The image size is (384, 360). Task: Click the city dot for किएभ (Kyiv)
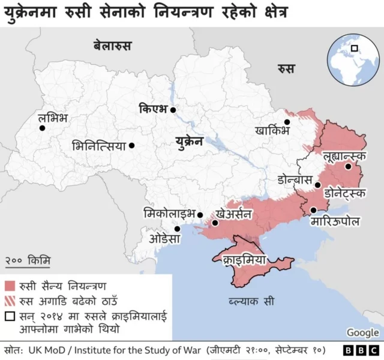(173, 110)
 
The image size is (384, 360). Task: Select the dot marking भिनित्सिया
(131, 145)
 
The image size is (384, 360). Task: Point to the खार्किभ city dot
(287, 122)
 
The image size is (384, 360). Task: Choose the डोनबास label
(295, 179)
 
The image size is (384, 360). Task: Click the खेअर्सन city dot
(215, 223)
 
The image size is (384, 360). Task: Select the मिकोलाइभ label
(170, 213)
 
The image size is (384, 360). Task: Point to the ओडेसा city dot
(177, 229)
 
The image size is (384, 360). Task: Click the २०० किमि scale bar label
(28, 260)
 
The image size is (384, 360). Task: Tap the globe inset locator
(353, 59)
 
